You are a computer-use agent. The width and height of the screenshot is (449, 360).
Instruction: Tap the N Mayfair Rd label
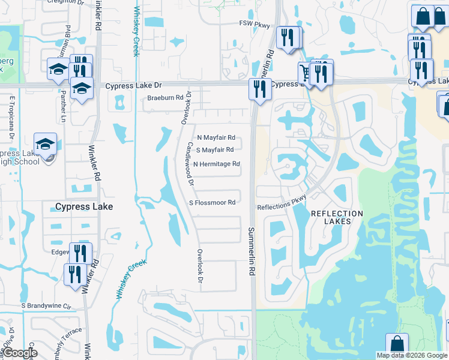tap(215, 137)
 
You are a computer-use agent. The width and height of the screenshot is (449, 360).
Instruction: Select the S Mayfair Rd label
tap(215, 150)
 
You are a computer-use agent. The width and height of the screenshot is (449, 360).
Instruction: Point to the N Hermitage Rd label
tap(216, 164)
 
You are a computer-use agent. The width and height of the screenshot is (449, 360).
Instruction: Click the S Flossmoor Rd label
tap(212, 203)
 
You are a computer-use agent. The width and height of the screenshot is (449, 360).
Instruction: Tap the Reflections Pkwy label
tap(282, 202)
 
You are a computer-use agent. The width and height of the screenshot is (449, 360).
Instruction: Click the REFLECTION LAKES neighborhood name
tap(337, 217)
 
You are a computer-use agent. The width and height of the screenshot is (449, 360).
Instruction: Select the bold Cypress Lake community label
tap(83, 206)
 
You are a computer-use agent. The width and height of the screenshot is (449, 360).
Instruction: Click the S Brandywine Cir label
tap(46, 305)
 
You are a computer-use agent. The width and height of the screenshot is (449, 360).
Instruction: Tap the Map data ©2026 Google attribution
tap(412, 355)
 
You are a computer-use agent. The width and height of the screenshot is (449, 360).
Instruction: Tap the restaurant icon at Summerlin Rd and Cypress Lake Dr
tap(260, 90)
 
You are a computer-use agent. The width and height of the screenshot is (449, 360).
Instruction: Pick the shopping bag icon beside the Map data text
tap(397, 345)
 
